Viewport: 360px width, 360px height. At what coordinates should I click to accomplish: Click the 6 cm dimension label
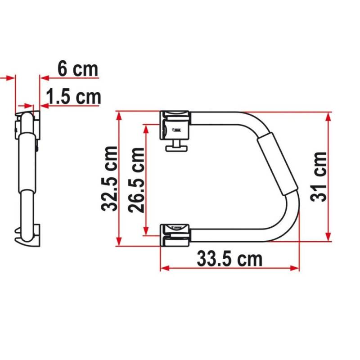click(77, 69)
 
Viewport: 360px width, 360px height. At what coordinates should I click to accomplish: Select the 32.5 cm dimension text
click(110, 179)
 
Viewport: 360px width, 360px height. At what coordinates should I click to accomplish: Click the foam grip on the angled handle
click(276, 164)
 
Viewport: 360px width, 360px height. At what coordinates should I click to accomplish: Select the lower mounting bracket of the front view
click(175, 234)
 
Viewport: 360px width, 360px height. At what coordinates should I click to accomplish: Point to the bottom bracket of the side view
click(30, 234)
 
